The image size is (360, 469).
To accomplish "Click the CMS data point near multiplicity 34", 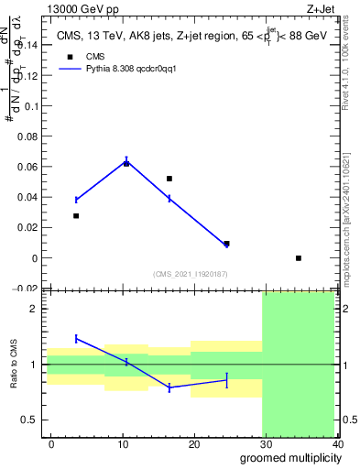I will click(299, 258).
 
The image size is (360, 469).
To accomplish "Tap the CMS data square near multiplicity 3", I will click(76, 216).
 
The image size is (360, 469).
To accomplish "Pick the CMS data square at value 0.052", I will click(169, 179).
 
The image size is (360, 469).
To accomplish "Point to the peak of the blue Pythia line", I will click(126, 161).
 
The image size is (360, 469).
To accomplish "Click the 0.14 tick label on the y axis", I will click(29, 44).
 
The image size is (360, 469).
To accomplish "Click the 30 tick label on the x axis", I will click(266, 443).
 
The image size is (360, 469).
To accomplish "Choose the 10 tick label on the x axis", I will click(123, 443).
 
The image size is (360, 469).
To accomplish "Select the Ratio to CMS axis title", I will click(14, 365).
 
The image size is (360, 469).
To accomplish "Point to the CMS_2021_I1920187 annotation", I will click(191, 274).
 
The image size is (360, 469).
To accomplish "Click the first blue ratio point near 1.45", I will click(77, 339).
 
